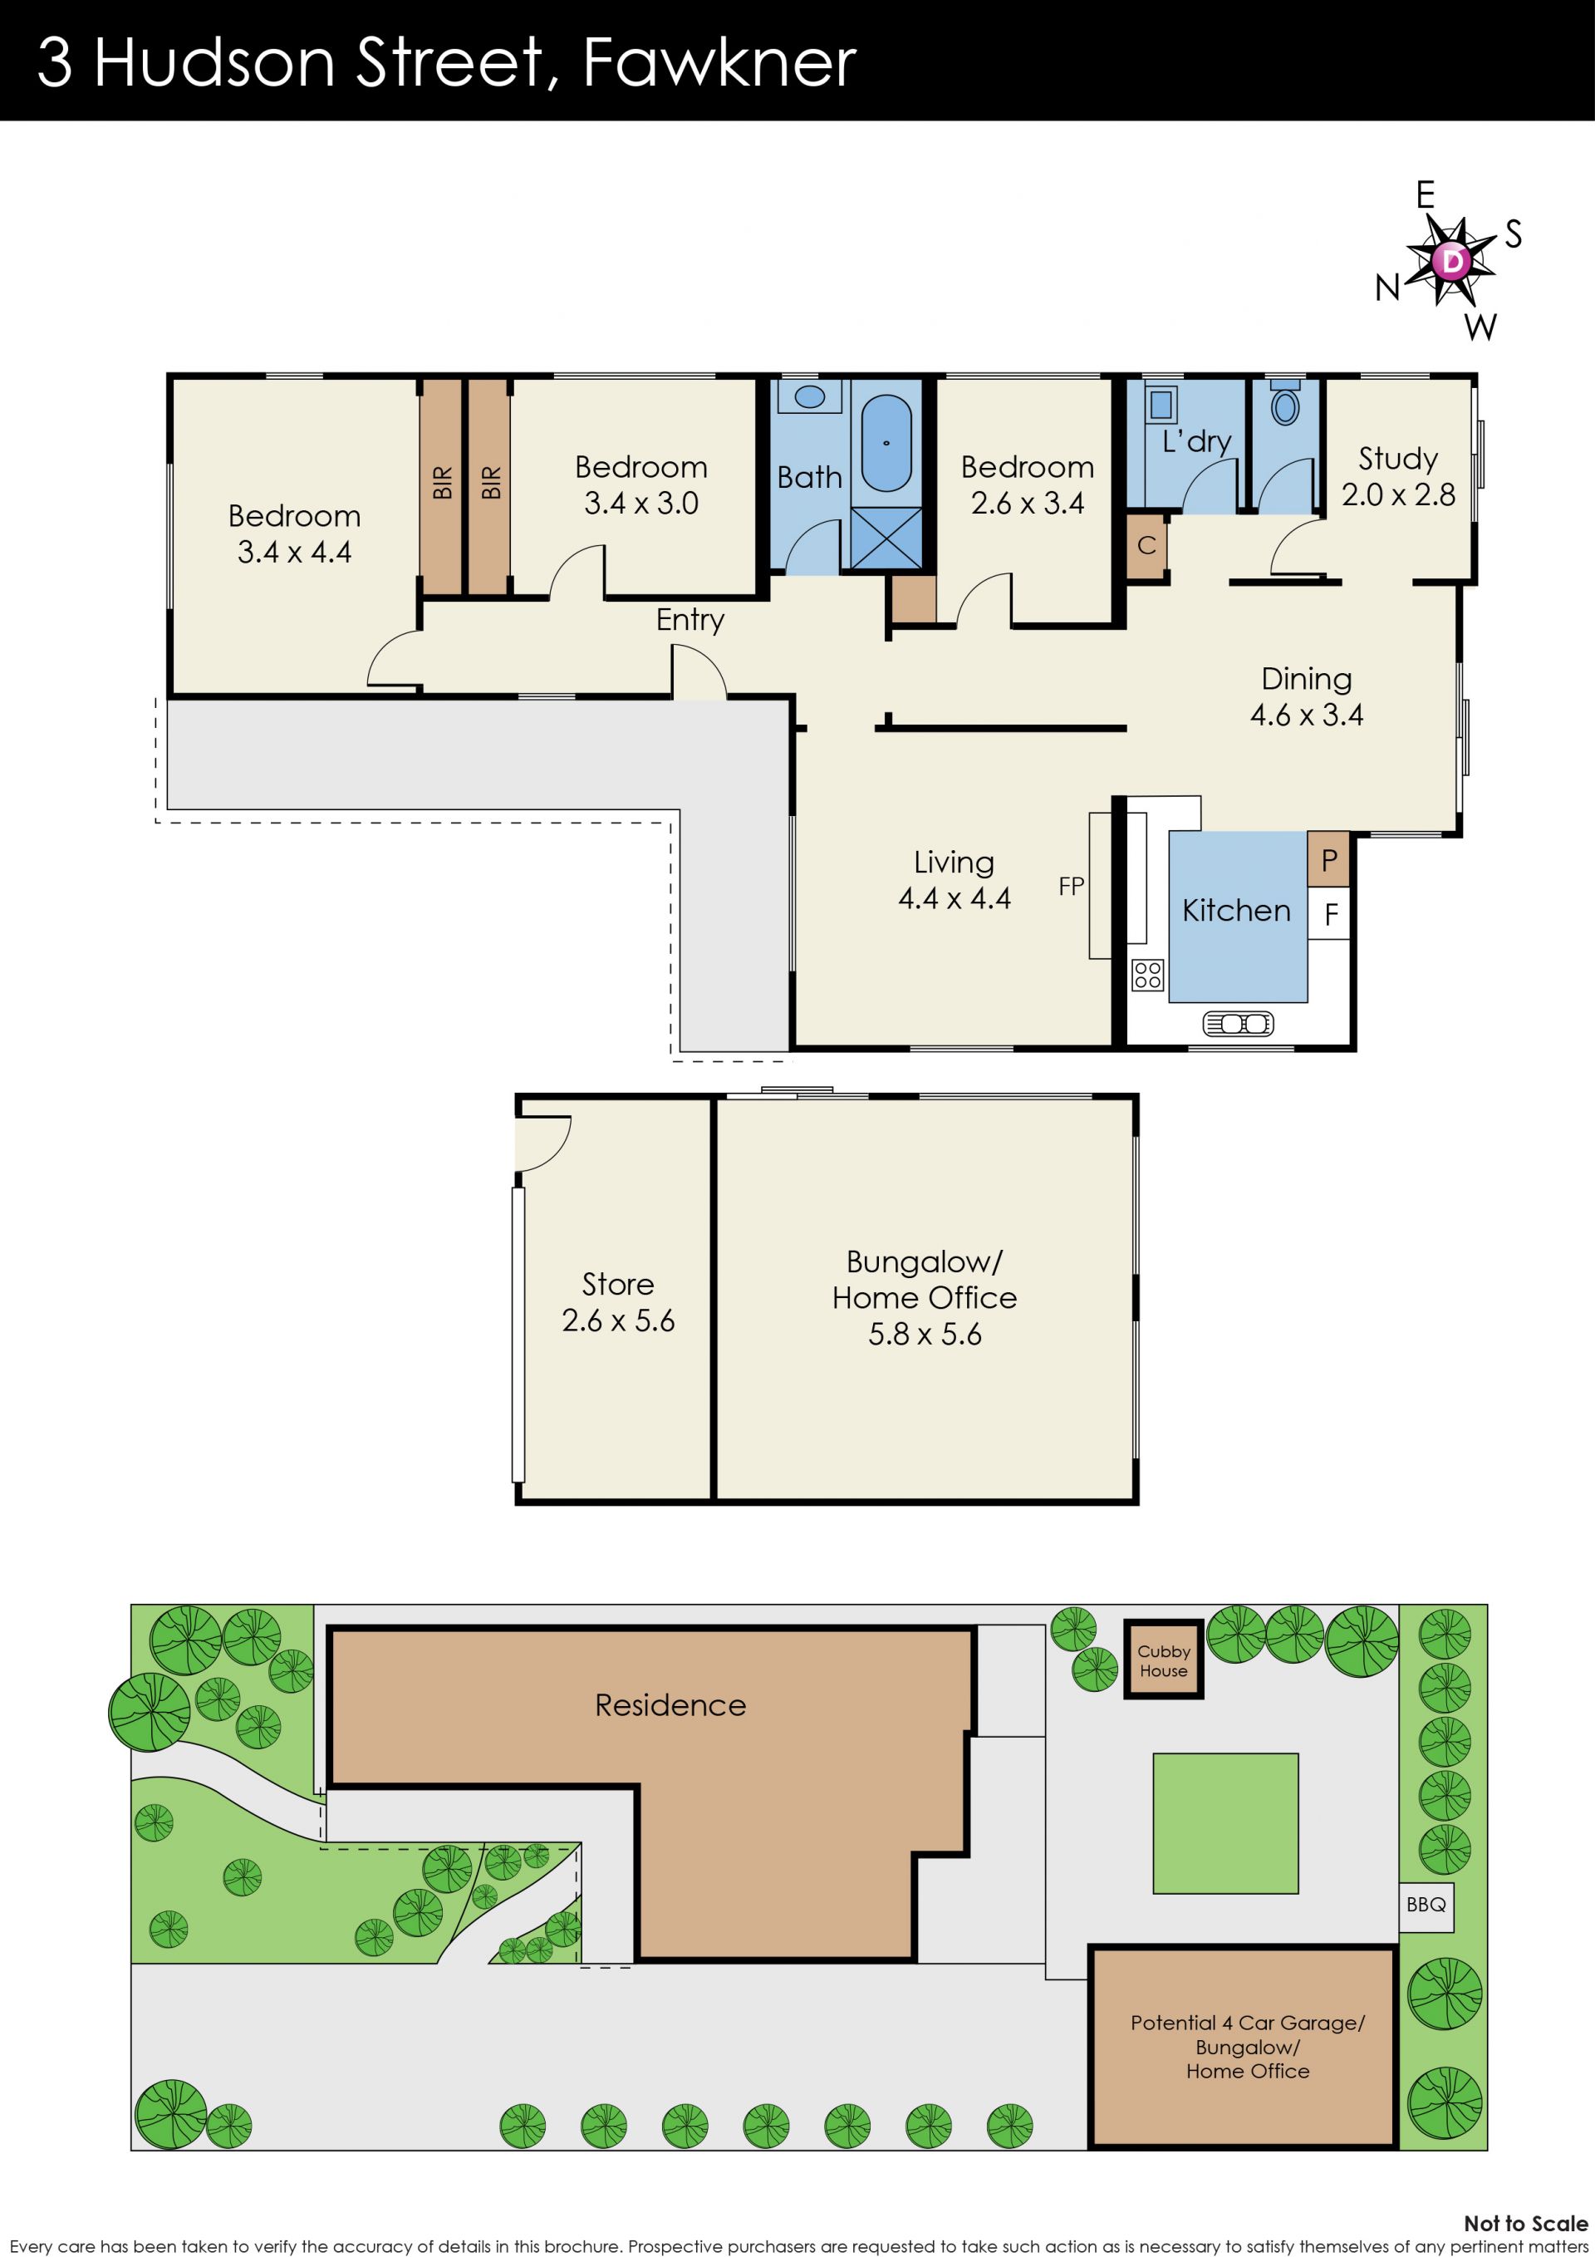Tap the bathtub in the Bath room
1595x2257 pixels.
pyautogui.click(x=886, y=444)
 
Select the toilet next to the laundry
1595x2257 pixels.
pyautogui.click(x=1284, y=402)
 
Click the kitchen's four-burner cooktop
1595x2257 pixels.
pyautogui.click(x=1148, y=975)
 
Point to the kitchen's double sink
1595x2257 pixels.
pyautogui.click(x=1239, y=1025)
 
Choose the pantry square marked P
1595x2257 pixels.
pyautogui.click(x=1328, y=860)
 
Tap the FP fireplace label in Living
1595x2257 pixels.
pyautogui.click(x=1071, y=887)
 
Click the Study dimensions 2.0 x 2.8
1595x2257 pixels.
pyautogui.click(x=1398, y=494)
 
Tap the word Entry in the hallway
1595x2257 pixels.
pyautogui.click(x=690, y=620)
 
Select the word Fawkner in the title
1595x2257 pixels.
pyautogui.click(x=719, y=62)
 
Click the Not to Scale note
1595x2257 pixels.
pyautogui.click(x=1525, y=2224)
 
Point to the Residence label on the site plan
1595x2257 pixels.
pyautogui.click(x=670, y=1705)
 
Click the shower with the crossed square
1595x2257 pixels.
pyautogui.click(x=886, y=537)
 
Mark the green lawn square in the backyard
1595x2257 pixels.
pyautogui.click(x=1225, y=1823)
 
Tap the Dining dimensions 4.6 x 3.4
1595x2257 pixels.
pyautogui.click(x=1306, y=715)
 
